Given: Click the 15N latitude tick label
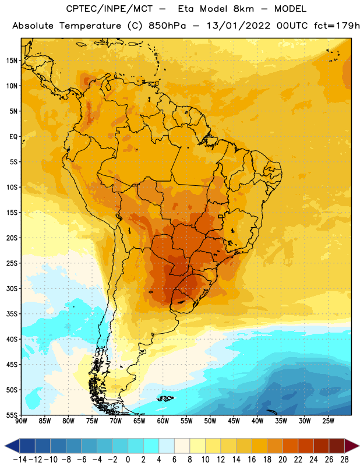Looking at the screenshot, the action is (12, 61).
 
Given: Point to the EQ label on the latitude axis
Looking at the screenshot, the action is (13, 137).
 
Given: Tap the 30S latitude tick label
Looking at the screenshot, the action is (12, 288).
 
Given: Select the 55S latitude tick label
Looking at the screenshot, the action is (12, 415).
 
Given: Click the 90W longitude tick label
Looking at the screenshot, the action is (22, 421).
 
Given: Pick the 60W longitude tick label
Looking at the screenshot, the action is (163, 421).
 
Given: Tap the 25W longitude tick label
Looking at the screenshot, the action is (328, 421).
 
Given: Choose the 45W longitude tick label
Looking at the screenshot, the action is (234, 421).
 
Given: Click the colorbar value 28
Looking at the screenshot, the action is (344, 460).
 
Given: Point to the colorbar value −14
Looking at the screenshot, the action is (20, 460).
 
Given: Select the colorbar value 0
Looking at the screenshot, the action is (128, 460).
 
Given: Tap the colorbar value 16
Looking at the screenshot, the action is (252, 460).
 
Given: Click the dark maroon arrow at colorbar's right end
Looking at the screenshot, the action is (351, 446).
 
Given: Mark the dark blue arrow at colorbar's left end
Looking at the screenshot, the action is (12, 446).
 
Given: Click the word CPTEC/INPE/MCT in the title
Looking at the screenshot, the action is (109, 9).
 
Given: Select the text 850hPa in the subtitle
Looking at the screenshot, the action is (167, 26).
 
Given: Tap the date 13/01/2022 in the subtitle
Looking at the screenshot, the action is (238, 26).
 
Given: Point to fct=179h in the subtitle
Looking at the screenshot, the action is (337, 26).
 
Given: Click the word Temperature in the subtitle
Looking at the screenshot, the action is (90, 26).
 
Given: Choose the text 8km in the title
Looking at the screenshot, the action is (243, 9).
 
